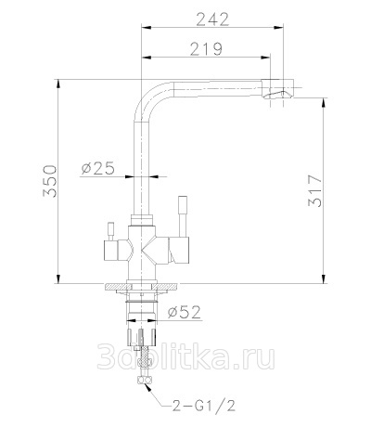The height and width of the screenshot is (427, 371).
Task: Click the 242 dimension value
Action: point(212,19)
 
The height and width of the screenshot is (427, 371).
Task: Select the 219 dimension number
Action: point(206,49)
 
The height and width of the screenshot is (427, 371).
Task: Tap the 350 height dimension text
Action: point(50,181)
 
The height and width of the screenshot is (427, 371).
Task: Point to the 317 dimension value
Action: point(315,191)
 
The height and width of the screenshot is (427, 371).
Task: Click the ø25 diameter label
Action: point(98,168)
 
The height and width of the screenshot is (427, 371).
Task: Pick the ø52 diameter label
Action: point(185,312)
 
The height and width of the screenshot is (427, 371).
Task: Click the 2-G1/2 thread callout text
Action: point(203,405)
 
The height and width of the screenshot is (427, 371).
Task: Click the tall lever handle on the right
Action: point(183,216)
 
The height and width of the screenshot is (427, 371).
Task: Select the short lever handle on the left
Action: point(110,231)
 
